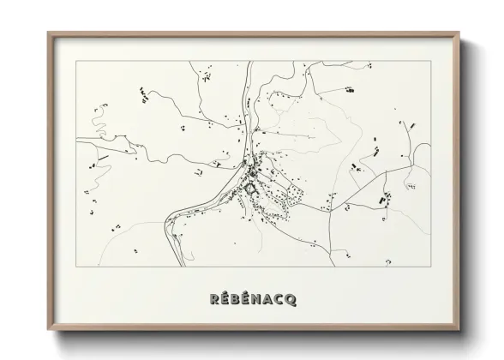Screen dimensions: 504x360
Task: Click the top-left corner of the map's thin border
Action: pyautogui.click(x=77, y=61)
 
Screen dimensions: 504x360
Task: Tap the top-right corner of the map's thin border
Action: pyautogui.click(x=431, y=61)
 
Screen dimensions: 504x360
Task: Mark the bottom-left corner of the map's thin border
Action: pyautogui.click(x=77, y=266)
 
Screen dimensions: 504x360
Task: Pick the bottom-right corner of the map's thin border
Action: pyautogui.click(x=431, y=266)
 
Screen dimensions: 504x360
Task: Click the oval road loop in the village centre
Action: pyautogui.click(x=250, y=187)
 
